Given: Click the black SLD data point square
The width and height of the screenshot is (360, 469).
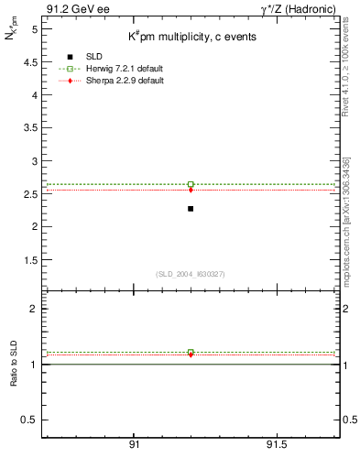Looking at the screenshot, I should tap(191, 209).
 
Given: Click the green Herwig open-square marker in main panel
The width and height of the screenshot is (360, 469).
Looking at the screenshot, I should tap(191, 184).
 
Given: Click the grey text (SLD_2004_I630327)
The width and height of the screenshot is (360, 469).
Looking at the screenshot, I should tap(191, 274).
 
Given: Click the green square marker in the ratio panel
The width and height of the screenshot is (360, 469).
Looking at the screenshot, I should tap(191, 352).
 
